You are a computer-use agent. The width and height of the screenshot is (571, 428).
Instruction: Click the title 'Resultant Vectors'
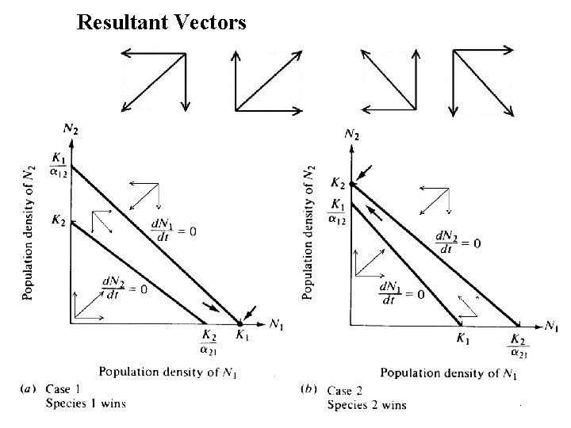tap(162, 22)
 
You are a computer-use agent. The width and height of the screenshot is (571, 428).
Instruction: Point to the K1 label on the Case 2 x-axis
tap(463, 340)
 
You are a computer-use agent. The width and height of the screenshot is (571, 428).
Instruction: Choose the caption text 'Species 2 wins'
tap(367, 404)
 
